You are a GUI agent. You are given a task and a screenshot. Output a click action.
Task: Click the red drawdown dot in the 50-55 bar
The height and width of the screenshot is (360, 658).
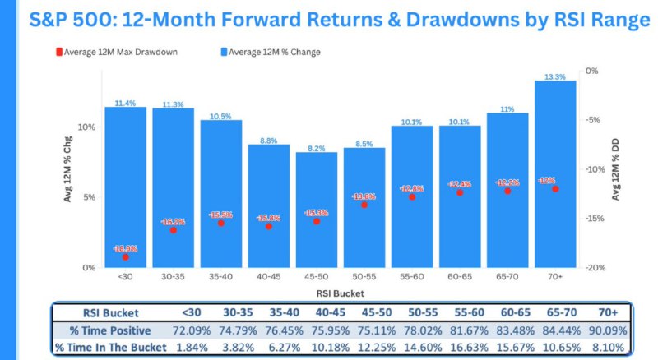[364, 204]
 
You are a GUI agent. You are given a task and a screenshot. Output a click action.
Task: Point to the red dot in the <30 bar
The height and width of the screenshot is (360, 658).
[125, 256]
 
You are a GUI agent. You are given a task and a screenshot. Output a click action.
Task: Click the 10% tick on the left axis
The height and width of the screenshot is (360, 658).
[87, 127]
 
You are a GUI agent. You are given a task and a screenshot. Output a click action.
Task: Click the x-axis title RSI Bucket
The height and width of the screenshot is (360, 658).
[340, 293]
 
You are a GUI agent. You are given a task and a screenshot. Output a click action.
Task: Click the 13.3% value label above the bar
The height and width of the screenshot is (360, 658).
[555, 76]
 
